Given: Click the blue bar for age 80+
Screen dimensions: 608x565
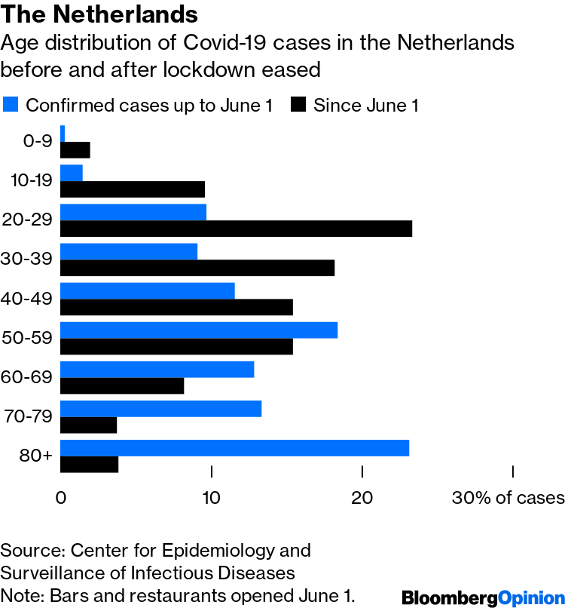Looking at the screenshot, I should click(234, 448).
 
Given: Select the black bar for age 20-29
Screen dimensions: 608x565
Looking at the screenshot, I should click(236, 229).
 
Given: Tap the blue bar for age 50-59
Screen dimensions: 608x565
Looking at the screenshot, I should click(198, 330).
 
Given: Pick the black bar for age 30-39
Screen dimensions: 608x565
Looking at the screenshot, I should click(197, 268).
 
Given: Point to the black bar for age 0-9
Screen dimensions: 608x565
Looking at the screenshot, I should click(75, 150).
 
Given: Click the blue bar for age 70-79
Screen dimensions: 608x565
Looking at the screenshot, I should click(160, 409).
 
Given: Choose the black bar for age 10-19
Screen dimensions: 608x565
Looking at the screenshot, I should click(132, 189).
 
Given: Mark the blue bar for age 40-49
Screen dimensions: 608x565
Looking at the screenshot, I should click(147, 291).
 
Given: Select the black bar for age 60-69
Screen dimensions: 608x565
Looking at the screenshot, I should click(121, 385).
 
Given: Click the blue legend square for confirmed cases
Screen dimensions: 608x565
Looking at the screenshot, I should click(11, 105).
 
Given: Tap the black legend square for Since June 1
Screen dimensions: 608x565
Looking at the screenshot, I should click(298, 105).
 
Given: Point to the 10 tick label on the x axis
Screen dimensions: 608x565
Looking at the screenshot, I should click(212, 498).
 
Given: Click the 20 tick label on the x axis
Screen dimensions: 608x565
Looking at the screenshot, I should click(362, 498).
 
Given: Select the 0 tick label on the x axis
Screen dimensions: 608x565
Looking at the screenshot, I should click(61, 498).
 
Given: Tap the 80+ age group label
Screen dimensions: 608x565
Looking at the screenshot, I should click(37, 456).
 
